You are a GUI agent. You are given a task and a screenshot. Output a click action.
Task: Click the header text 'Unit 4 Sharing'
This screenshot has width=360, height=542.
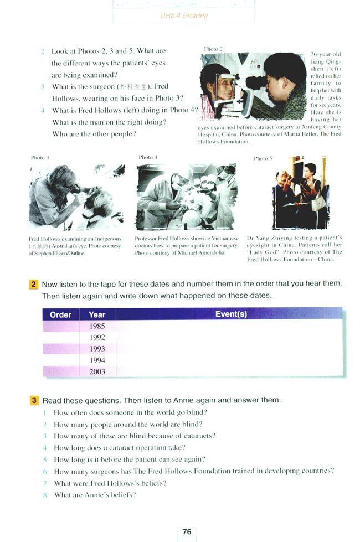coord(184,16)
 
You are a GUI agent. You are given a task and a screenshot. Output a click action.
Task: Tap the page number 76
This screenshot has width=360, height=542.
coord(187,531)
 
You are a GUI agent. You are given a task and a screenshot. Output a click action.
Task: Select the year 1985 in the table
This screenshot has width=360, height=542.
coord(97,326)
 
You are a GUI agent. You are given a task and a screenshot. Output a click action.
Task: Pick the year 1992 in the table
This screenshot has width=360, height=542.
coord(97,337)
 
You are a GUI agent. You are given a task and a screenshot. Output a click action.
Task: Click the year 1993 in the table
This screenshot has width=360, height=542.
coord(97,349)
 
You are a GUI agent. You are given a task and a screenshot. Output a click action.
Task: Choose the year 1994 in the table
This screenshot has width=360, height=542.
coord(97,360)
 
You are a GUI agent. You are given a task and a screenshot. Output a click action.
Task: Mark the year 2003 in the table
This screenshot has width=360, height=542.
coord(97,371)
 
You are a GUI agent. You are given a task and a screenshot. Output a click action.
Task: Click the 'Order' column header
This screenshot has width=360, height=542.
coord(60,314)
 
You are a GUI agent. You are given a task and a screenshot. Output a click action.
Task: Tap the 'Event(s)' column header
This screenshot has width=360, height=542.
coord(231,314)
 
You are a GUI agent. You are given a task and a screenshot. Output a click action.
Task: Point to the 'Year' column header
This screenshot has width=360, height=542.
coord(97,314)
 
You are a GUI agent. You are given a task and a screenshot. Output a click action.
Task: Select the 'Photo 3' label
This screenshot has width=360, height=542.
coord(40,158)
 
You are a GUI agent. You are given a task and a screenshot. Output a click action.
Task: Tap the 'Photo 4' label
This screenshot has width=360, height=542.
coord(148,157)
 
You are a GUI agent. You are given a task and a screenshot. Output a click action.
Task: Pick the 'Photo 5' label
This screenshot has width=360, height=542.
coord(263,158)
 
